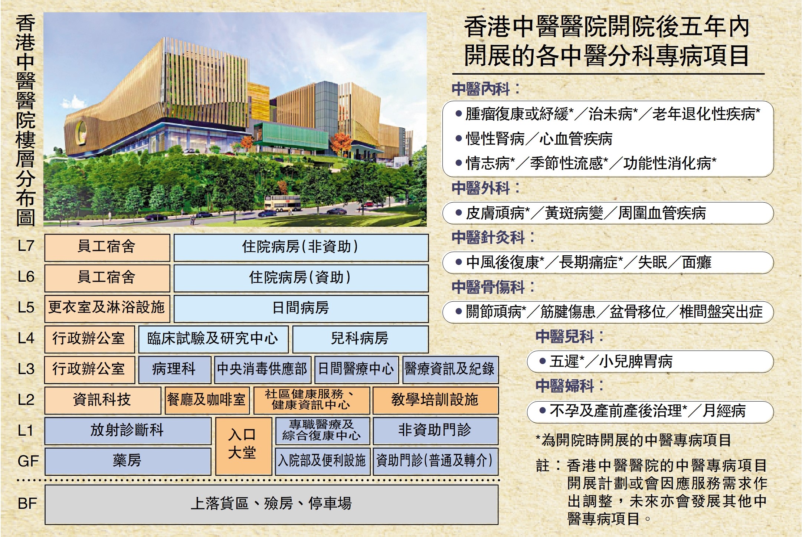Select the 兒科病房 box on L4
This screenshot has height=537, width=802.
pyautogui.click(x=360, y=339)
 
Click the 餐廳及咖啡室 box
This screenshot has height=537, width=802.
pyautogui.click(x=207, y=400)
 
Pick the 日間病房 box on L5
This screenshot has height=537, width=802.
pyautogui.click(x=301, y=308)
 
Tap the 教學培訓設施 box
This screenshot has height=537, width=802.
pyautogui.click(x=435, y=400)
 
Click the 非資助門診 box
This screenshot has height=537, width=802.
pyautogui.click(x=435, y=431)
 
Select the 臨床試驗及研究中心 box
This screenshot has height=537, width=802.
pyautogui.click(x=213, y=339)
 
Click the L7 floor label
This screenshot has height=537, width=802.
pyautogui.click(x=26, y=246)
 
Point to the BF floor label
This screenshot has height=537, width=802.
pyautogui.click(x=27, y=504)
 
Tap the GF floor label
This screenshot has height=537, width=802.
pyautogui.click(x=28, y=461)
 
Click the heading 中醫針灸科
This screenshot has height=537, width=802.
pyautogui.click(x=488, y=238)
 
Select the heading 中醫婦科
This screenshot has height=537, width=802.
pyautogui.click(x=564, y=386)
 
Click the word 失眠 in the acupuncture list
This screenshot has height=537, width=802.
pyautogui.click(x=653, y=262)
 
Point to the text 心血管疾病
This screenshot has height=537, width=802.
pyautogui.click(x=576, y=139)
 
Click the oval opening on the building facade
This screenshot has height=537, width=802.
pyautogui.click(x=81, y=133)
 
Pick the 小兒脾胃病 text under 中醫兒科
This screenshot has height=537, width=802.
pyautogui.click(x=636, y=361)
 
